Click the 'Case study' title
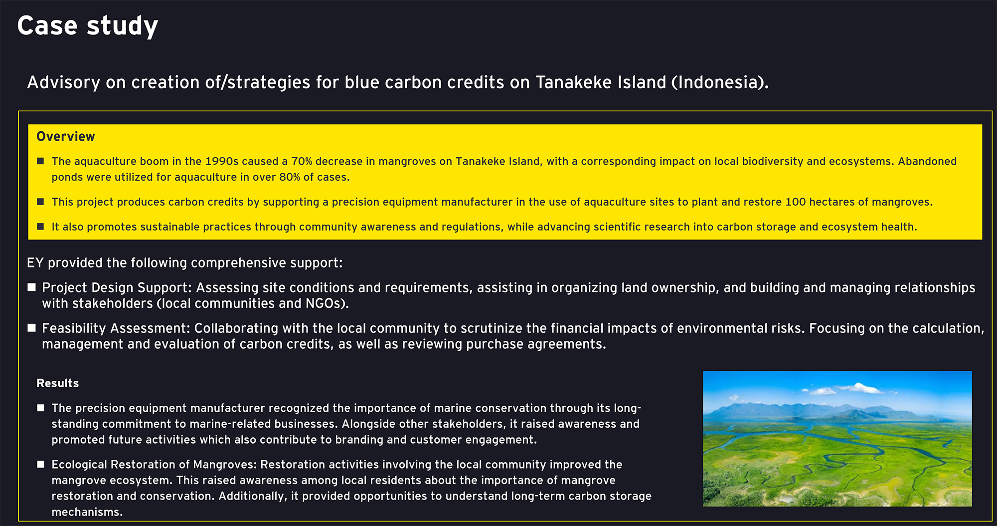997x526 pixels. coord(88,26)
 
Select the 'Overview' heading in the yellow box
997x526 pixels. coord(66,137)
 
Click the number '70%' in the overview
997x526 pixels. coord(302,161)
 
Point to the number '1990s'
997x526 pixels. coord(222,161)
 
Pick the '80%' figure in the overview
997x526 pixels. coord(290,177)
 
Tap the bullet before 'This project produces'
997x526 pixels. coord(41,202)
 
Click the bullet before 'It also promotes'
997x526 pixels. coord(41,227)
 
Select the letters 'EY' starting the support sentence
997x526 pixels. coord(35,263)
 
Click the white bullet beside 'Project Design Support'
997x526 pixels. coord(32,287)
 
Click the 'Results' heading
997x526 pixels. coord(58,383)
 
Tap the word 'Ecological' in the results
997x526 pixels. coord(79,465)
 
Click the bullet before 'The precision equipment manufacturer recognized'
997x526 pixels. coord(41,408)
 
